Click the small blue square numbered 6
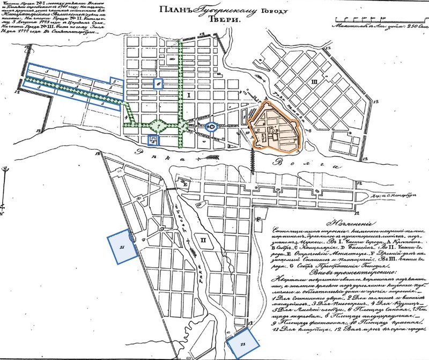pyautogui.click(x=158, y=83)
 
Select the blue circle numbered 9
pyautogui.click(x=212, y=127)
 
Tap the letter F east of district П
pyautogui.click(x=258, y=219)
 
